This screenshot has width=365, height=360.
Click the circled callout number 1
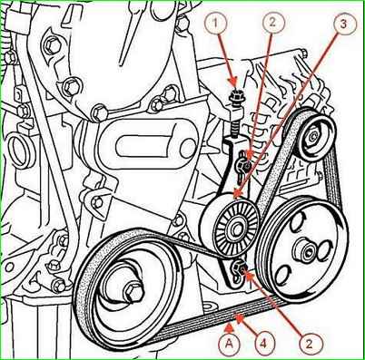[x=215, y=24]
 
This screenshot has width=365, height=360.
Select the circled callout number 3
[x=343, y=24]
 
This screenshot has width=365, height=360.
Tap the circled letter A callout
[x=229, y=343]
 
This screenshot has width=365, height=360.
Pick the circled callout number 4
[x=263, y=343]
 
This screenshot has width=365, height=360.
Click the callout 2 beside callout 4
[x=309, y=344]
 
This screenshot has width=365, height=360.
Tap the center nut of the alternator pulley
[x=311, y=137]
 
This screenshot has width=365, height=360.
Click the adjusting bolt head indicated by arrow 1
[x=235, y=97]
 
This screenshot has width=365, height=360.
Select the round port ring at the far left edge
[x=19, y=151]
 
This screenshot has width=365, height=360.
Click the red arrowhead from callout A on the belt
[x=230, y=326]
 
